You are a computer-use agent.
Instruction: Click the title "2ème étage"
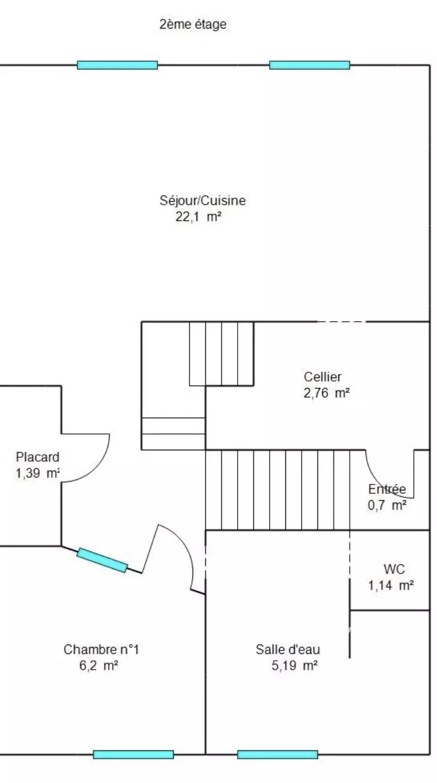click(193, 24)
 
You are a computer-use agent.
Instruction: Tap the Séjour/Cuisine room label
click(203, 200)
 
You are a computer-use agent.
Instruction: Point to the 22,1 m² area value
click(198, 217)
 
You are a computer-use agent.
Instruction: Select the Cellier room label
click(323, 376)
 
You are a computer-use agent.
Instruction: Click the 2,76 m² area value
click(327, 393)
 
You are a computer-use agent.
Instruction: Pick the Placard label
click(38, 457)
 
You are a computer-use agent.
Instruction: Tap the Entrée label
click(387, 489)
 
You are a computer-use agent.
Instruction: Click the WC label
click(395, 569)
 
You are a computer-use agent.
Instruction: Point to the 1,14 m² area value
click(391, 585)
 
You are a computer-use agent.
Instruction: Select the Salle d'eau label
click(288, 649)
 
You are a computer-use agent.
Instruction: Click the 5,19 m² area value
click(295, 665)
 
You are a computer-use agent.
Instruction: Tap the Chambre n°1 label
click(101, 649)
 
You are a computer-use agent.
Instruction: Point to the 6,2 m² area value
click(99, 665)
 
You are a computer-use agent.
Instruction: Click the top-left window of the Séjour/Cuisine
click(117, 65)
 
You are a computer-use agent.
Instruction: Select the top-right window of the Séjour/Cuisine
click(310, 65)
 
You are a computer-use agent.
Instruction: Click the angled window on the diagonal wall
click(102, 560)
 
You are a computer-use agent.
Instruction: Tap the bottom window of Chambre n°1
click(134, 754)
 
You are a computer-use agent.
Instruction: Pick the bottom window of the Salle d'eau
click(278, 754)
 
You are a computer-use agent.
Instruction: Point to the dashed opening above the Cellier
click(341, 322)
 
